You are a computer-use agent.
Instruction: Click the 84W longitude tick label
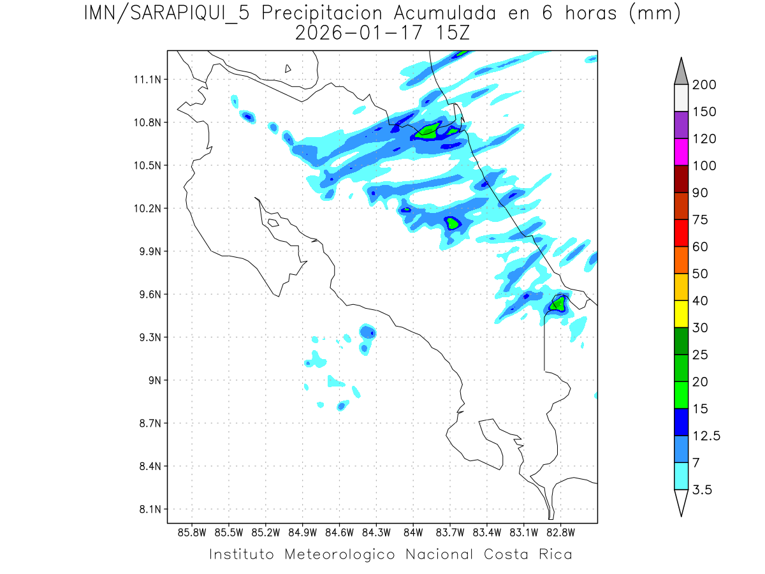413,532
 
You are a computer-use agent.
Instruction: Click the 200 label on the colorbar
704,85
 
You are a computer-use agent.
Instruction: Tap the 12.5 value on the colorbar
706,436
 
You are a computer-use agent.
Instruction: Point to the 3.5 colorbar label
703,490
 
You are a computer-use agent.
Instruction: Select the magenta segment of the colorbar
681,152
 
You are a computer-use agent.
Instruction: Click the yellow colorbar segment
681,314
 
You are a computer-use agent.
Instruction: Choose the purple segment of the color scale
681,125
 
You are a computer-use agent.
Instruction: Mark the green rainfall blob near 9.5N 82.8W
557,304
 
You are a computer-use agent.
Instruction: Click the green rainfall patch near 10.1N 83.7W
453,223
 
